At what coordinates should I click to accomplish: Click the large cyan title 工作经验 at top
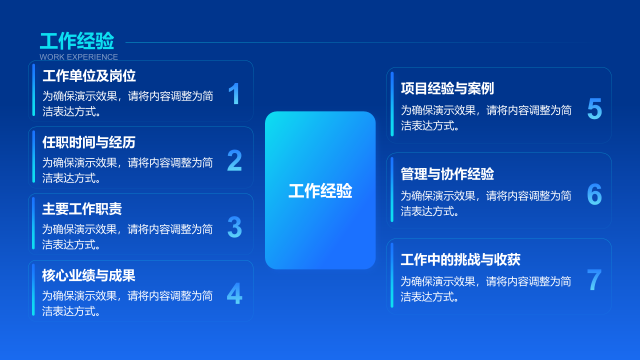tap(77, 41)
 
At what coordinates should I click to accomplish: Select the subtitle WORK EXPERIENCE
tap(78, 57)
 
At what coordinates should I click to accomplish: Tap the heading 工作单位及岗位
tap(89, 76)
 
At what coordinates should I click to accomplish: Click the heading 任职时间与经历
tap(89, 142)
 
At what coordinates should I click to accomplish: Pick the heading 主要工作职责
tap(82, 209)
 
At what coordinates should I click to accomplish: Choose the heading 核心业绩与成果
tap(88, 275)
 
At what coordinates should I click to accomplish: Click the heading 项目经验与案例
tap(447, 88)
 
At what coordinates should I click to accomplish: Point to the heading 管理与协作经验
tap(447, 173)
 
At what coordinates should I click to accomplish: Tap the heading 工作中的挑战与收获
tap(460, 259)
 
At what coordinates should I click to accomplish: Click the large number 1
tap(234, 93)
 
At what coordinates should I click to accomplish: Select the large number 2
tap(234, 160)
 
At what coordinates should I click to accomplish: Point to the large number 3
tap(234, 227)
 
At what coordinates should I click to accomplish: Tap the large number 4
tap(234, 293)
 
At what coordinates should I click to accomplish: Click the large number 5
tap(594, 108)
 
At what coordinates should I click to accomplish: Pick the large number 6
tap(594, 194)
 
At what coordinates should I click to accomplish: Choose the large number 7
tap(594, 279)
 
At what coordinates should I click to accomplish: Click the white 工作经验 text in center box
tap(320, 190)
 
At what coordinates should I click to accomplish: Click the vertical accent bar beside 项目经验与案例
tap(392, 104)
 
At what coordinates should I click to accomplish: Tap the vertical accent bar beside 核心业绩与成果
tap(33, 289)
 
